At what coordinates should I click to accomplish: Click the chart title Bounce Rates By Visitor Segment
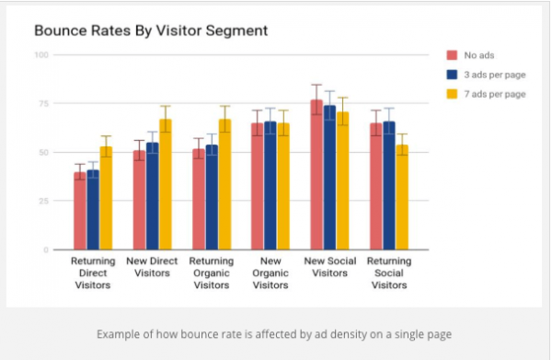tap(151, 30)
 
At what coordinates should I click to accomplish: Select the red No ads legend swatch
tap(452, 55)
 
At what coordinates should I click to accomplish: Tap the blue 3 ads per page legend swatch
tap(452, 75)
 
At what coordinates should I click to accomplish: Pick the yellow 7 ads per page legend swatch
tap(452, 94)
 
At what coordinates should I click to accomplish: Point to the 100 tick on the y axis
tap(41, 55)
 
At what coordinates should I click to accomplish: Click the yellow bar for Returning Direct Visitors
tap(107, 198)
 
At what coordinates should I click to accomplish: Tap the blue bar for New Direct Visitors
tap(153, 196)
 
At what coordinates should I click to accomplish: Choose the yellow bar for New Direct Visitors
tap(166, 184)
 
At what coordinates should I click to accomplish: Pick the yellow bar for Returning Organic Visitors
tap(224, 184)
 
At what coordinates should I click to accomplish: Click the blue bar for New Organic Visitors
tap(270, 185)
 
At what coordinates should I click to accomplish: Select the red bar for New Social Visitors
tap(316, 175)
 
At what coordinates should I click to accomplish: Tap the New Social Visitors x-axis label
tap(329, 266)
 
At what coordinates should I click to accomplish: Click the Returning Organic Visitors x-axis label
tap(212, 273)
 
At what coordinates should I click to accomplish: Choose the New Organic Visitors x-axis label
tap(270, 273)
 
